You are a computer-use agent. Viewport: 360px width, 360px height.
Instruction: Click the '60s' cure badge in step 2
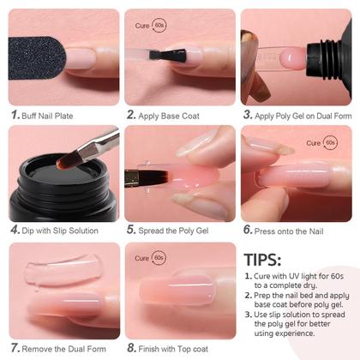tap(159, 26)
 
